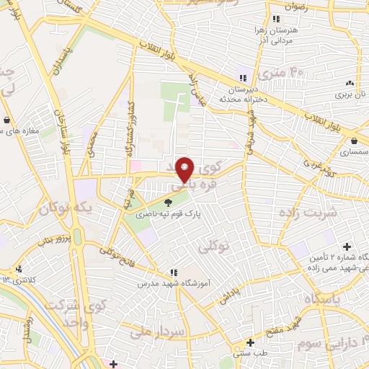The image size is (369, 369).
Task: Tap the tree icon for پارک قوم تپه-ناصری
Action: (x=169, y=203)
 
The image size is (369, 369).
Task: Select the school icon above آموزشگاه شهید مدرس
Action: (x=174, y=272)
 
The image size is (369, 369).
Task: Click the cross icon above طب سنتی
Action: (x=250, y=342)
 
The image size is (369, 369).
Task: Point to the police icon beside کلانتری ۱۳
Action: (x=19, y=268)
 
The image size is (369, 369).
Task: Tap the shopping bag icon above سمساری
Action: (x=357, y=141)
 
